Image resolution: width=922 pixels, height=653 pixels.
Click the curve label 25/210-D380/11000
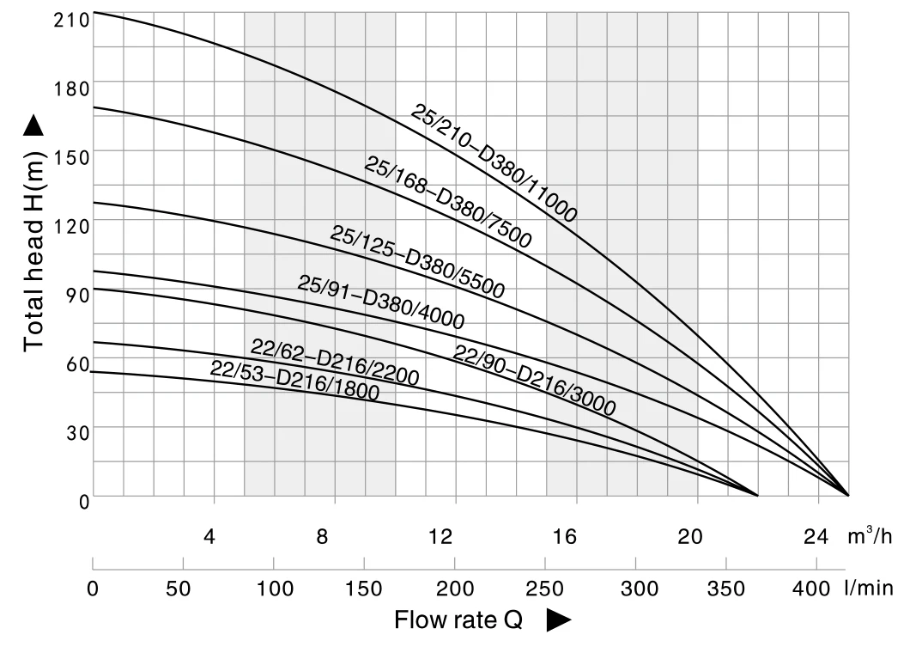(494, 163)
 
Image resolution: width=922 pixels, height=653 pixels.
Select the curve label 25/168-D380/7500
(448, 203)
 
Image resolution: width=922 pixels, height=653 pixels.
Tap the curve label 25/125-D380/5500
(417, 261)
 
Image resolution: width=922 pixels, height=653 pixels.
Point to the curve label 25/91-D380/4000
(381, 302)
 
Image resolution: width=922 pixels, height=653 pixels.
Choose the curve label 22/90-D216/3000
(534, 380)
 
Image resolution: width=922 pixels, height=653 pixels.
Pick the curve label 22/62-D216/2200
(335, 362)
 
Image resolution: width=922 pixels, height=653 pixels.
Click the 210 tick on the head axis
(71, 19)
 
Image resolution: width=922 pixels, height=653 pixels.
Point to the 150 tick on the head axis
(71, 157)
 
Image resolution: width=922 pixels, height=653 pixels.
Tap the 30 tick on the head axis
(77, 433)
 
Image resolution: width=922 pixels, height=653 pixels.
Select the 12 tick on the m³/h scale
(440, 537)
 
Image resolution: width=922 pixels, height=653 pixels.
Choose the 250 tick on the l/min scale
(545, 589)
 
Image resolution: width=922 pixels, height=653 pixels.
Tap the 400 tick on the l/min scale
(811, 589)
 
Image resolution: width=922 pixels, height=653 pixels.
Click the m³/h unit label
(870, 536)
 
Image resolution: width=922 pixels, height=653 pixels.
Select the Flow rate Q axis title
(458, 619)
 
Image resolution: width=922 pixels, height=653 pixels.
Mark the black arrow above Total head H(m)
(33, 127)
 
